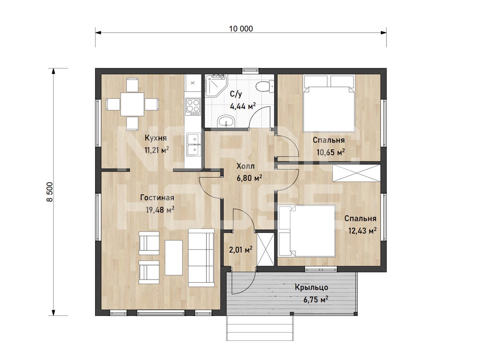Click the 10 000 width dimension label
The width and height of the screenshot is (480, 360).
coord(241,29)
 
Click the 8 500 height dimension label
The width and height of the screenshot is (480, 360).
coord(50,192)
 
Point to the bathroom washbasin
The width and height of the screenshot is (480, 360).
coord(226,121)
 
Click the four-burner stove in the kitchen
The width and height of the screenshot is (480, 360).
coord(193,107)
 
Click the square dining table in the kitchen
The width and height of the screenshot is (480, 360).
coord(132,104)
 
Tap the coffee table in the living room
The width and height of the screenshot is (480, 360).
coord(174,258)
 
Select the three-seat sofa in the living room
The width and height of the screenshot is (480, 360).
coord(201,258)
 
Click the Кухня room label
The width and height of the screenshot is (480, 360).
coord(156,138)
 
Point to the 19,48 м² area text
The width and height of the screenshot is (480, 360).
coord(160,210)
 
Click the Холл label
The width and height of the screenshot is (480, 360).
coord(246,166)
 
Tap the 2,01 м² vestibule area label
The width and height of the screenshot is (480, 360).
coord(240,250)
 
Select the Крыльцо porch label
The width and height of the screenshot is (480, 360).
coord(311,287)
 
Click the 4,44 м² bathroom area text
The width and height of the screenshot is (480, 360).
coord(243,106)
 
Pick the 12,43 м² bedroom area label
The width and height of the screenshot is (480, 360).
coord(362,231)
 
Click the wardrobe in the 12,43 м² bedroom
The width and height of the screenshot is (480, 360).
coord(356,173)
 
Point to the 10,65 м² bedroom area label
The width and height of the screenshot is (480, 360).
coord(331,152)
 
